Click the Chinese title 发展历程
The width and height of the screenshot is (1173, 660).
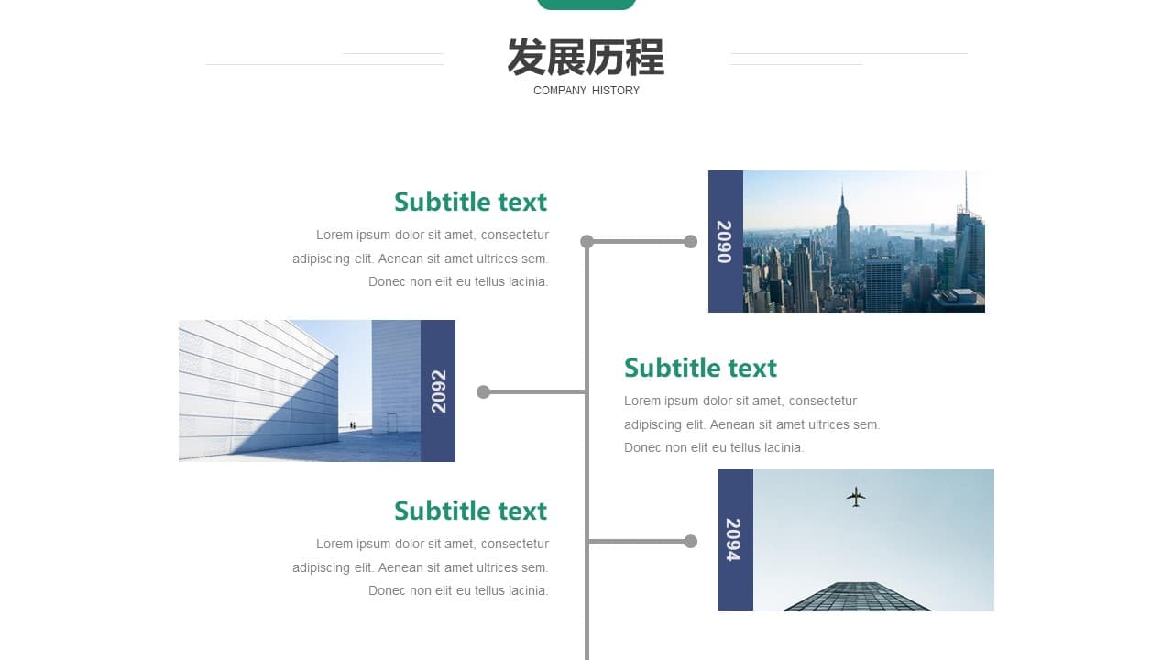tap(586, 57)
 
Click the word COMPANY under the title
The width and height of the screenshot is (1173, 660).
tap(560, 91)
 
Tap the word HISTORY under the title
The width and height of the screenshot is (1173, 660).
tap(616, 91)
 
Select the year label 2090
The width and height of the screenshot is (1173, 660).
tap(725, 241)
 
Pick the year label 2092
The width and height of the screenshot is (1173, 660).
tap(438, 391)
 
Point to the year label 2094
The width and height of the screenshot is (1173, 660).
tap(734, 540)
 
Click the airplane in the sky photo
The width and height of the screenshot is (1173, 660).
tap(856, 497)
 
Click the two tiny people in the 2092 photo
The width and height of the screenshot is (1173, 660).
tap(353, 425)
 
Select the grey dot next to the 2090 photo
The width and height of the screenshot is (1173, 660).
tap(691, 241)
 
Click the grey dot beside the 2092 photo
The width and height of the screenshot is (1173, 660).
tap(483, 391)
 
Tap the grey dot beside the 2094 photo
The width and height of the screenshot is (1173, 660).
tap(691, 541)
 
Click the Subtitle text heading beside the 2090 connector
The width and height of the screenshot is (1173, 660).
tap(470, 203)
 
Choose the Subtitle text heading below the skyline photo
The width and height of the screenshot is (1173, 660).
tap(700, 368)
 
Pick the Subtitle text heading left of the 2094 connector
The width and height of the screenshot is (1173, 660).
tap(470, 511)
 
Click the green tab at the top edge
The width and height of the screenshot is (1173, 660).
tap(586, 5)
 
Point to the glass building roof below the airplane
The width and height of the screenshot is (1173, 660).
tap(857, 597)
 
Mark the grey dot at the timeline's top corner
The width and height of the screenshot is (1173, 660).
tap(587, 241)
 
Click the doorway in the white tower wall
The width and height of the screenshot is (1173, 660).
tap(391, 423)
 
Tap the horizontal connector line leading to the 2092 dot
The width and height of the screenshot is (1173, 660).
tap(534, 391)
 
